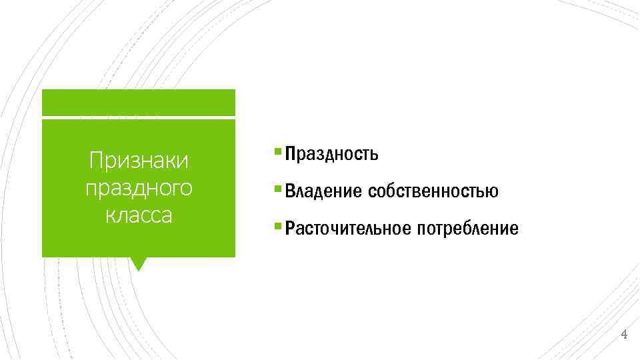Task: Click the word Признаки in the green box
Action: coord(139,161)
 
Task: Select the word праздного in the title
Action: coord(139,188)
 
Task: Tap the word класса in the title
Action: coord(139,215)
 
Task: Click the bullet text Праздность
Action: coord(332,155)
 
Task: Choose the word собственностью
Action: coord(433,192)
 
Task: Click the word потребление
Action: coord(467,229)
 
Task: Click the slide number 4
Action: coord(624,334)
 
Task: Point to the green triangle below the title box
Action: coord(138,263)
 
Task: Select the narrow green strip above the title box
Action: coord(138,102)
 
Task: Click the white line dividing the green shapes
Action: coord(138,118)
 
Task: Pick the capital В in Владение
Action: coord(289,192)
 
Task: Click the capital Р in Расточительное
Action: coord(289,229)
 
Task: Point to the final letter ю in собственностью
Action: coord(493,192)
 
